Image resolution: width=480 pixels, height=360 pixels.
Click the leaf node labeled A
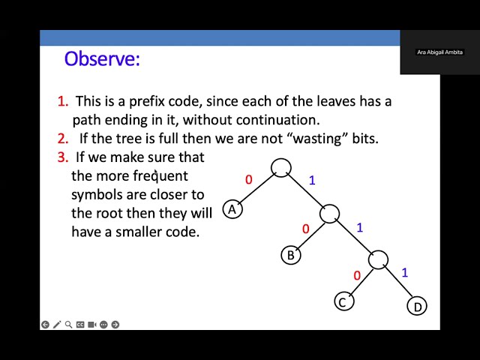232,210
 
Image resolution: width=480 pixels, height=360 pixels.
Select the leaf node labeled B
291,255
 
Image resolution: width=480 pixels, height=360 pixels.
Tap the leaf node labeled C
343,302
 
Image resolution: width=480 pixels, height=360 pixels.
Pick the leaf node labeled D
417,306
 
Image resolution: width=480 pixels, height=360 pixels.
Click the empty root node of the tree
280,167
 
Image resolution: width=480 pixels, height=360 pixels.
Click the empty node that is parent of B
330,214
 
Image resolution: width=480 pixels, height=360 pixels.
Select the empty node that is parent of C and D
379,260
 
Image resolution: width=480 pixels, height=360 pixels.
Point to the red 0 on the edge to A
249,180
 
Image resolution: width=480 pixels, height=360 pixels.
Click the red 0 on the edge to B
305,229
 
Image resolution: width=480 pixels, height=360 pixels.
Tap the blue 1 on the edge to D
404,272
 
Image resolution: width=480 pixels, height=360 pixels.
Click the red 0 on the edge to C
356,275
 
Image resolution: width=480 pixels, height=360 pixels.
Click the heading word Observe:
102,58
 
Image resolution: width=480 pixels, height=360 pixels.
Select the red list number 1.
61,101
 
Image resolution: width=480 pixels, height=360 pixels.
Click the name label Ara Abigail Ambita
440,52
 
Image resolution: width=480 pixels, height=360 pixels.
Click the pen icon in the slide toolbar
57,325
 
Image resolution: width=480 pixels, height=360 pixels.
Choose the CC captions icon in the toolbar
80,325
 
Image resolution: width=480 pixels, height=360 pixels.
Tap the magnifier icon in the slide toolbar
68,325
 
